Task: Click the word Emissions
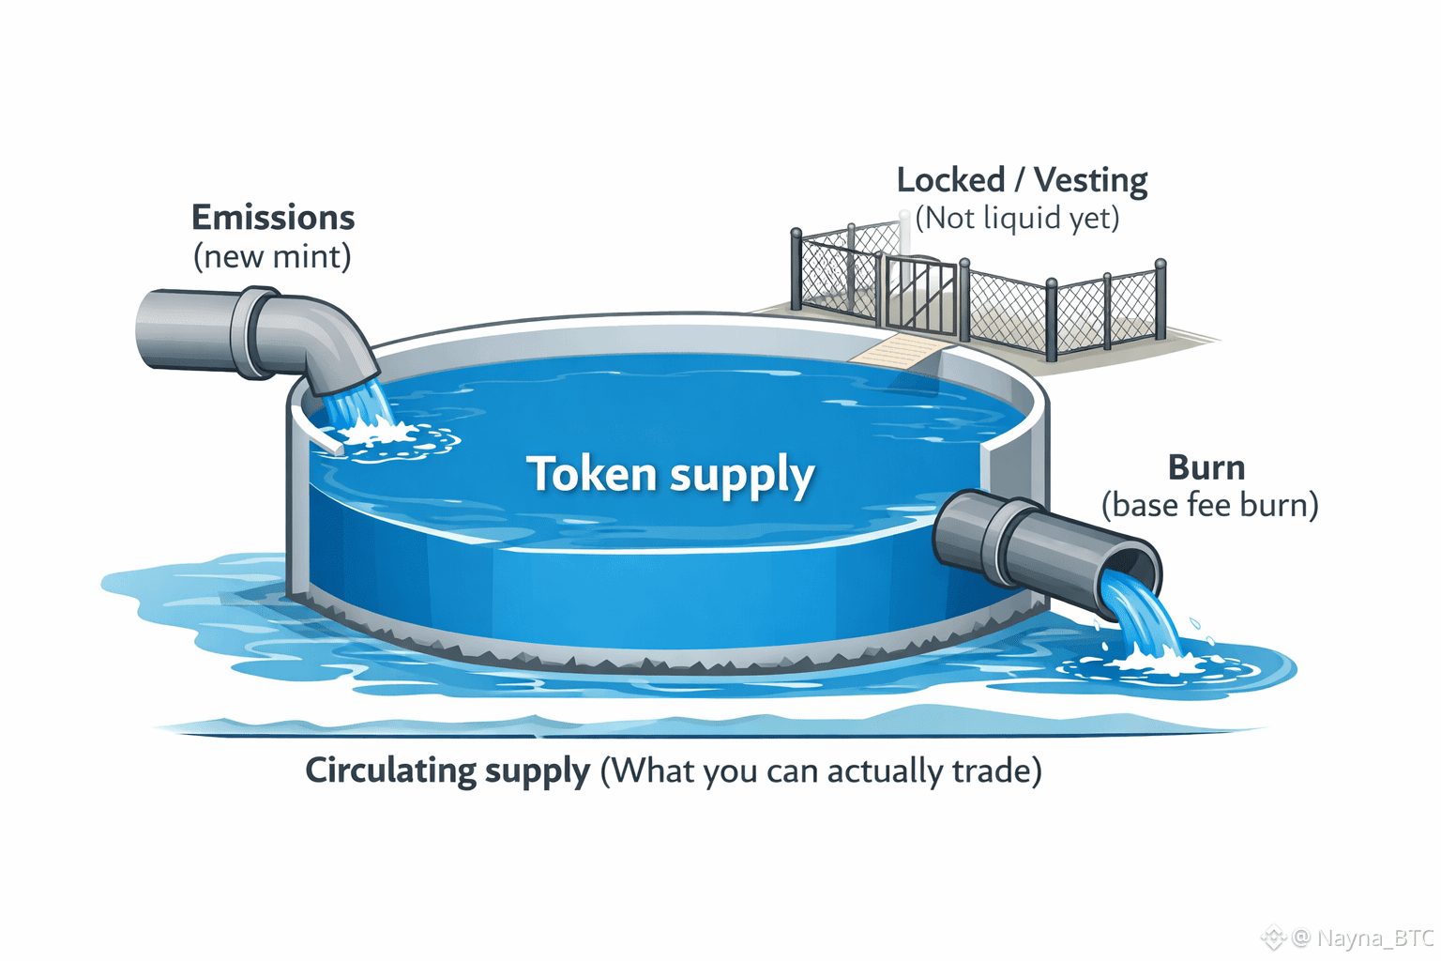pos(273,218)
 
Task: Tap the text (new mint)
pos(272,256)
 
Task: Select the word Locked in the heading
pos(950,180)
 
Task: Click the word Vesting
pos(1091,180)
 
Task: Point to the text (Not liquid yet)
pos(1017,219)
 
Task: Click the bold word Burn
pos(1206,467)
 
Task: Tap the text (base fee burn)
pos(1209,506)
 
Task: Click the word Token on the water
pos(591,474)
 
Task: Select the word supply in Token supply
pos(742,477)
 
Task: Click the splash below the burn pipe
pos(1150,663)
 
